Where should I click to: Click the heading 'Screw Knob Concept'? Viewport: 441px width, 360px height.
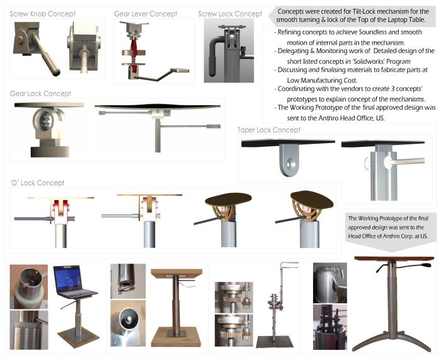click(42, 14)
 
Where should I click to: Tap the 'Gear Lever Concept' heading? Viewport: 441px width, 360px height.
click(146, 14)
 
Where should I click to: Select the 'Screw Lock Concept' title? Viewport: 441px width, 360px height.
click(230, 14)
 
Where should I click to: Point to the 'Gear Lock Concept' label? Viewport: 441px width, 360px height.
click(40, 93)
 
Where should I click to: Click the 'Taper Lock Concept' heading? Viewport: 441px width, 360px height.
click(269, 130)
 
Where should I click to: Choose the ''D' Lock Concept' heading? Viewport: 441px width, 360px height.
click(37, 183)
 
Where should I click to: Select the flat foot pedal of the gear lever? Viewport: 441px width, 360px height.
click(180, 70)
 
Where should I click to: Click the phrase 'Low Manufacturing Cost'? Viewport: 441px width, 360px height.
click(322, 81)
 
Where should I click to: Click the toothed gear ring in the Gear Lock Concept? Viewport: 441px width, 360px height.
click(45, 120)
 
